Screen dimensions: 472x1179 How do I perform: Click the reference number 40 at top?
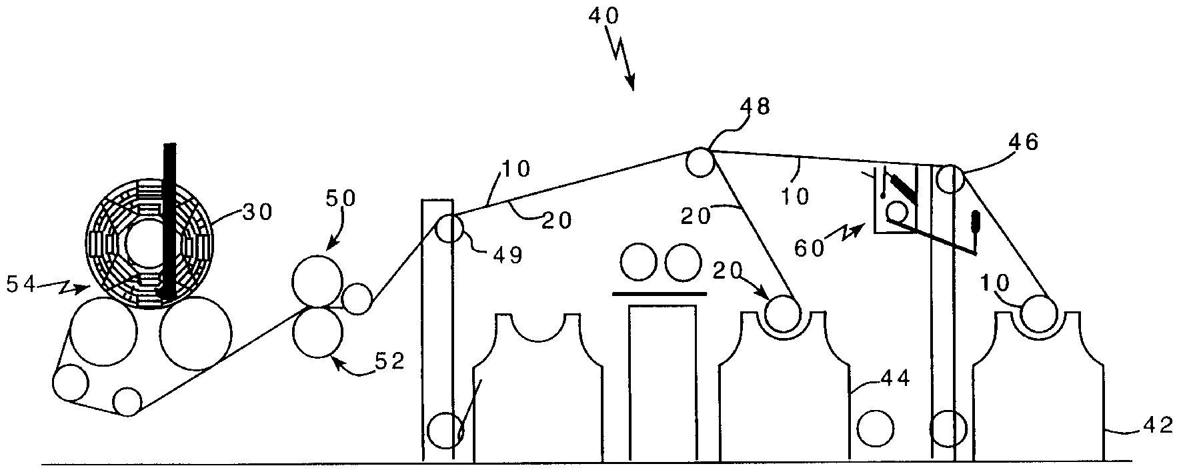(604, 17)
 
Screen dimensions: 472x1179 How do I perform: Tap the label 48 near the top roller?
(755, 107)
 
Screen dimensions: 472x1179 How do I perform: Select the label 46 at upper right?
(1023, 142)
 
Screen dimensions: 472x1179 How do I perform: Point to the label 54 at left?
(21, 285)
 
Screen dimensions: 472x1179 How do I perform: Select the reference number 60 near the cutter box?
(810, 248)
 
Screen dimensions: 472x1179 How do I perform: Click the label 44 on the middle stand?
(895, 379)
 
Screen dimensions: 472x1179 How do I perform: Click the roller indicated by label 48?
(700, 162)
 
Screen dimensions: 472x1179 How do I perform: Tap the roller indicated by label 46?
(950, 179)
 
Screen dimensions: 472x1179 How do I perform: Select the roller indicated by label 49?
(450, 230)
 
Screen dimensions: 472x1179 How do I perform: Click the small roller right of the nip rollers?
(357, 298)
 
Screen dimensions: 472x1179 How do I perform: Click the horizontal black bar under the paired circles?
(659, 293)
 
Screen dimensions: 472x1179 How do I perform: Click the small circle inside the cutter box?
(897, 213)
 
